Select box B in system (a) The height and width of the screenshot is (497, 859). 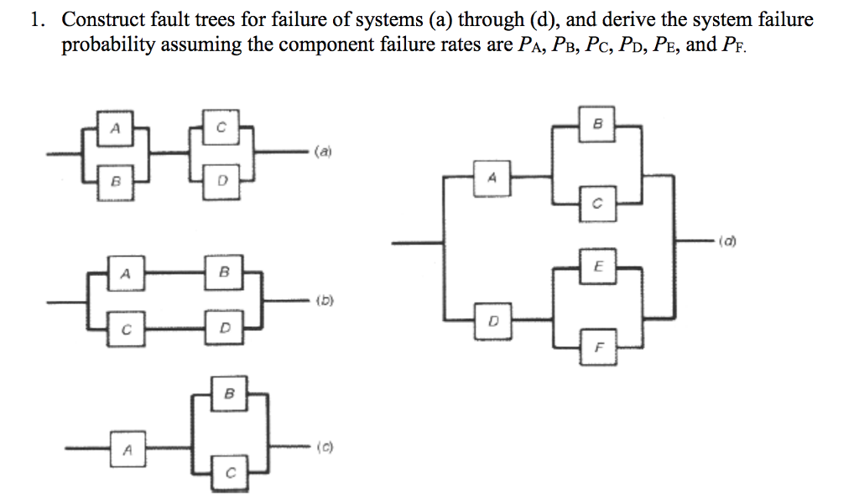[x=117, y=179]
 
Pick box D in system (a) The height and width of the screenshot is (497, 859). [x=221, y=179]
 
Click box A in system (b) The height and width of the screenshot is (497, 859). [x=125, y=272]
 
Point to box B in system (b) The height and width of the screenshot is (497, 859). [x=223, y=272]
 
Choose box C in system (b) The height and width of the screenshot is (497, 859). [x=125, y=329]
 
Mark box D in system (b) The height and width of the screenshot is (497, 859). [x=223, y=329]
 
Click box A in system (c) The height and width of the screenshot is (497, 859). [x=127, y=449]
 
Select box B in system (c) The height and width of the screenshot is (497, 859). [x=227, y=394]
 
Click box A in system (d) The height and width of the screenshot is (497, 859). [x=492, y=178]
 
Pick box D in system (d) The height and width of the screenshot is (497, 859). [x=492, y=321]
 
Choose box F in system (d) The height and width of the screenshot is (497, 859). [x=598, y=345]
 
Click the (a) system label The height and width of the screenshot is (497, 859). [x=324, y=153]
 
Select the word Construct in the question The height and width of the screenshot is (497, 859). [x=101, y=19]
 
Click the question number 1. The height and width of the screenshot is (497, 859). [x=35, y=20]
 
